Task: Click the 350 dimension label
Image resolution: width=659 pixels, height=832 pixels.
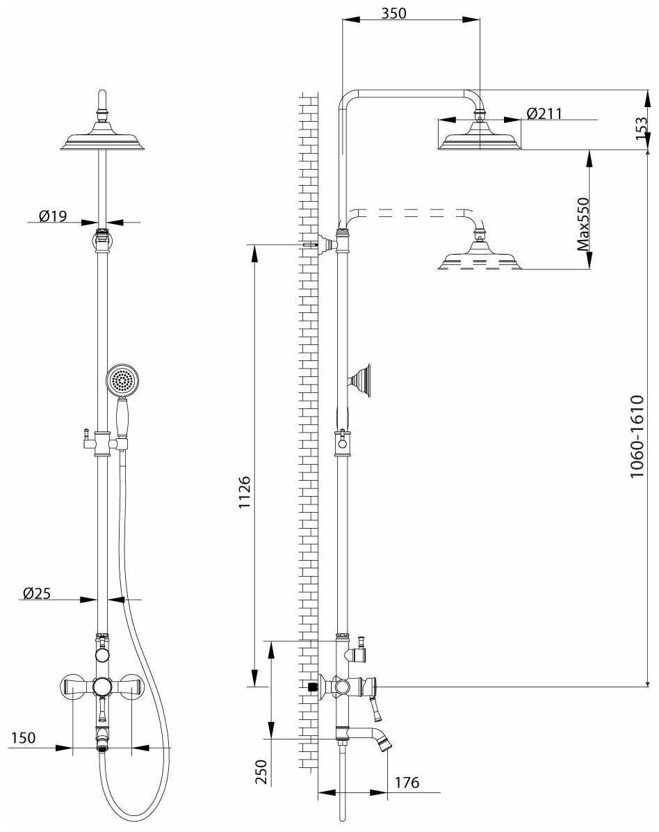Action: point(393,13)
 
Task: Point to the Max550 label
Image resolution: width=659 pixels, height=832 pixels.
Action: point(584,223)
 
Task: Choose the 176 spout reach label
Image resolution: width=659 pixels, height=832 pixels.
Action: point(407,783)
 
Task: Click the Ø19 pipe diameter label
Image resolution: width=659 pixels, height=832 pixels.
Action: point(53,216)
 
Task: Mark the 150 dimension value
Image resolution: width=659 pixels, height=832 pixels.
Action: point(23,737)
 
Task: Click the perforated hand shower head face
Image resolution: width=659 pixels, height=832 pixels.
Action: point(124,380)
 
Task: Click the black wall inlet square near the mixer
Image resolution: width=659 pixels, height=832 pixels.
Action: point(312,686)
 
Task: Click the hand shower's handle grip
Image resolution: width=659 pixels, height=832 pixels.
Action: point(123,417)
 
